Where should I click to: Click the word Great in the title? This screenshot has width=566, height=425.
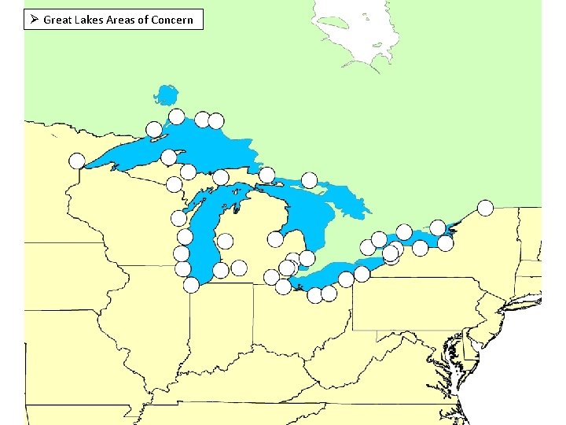pos(57,20)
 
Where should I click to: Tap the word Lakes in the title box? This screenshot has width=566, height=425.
pos(89,20)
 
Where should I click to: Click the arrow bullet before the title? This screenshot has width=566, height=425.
pos(32,19)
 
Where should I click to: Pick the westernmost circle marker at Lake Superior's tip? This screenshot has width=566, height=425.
pos(76,161)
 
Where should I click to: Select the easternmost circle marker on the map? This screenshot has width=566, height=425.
pos(485,208)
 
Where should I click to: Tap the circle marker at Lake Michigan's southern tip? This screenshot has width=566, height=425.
pos(191,285)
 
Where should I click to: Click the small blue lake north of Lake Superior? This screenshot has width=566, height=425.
pos(166,95)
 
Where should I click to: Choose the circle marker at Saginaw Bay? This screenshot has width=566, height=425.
pos(275,239)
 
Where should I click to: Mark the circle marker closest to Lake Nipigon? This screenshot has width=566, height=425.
pos(177,116)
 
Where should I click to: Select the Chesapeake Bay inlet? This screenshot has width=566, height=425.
pos(455,354)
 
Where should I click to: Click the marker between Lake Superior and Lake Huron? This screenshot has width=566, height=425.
pos(266,175)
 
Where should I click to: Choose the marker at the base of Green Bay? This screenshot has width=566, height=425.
pos(178,219)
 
